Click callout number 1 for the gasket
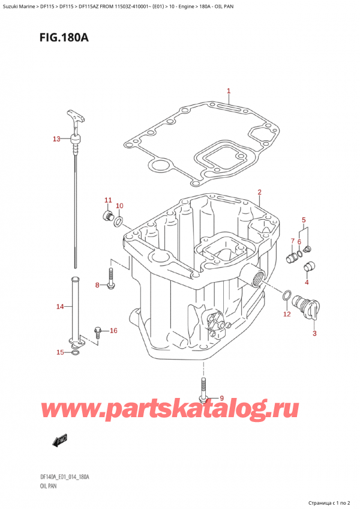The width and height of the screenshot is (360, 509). tap(229, 92)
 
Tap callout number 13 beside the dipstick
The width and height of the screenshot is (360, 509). tap(56, 139)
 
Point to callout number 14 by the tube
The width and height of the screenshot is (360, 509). tap(59, 307)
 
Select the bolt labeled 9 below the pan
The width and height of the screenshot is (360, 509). tap(204, 390)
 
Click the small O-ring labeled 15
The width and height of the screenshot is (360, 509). tap(74, 352)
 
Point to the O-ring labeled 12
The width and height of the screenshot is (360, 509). tap(287, 295)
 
